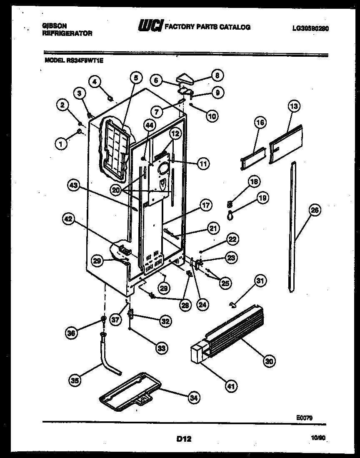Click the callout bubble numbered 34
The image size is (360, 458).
pos(193,398)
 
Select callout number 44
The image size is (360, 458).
pos(149,124)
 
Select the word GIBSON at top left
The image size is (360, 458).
pos(54,25)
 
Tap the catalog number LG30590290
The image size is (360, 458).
pos(310,28)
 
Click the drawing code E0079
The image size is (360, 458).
pos(305,417)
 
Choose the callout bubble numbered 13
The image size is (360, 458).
pos(294,107)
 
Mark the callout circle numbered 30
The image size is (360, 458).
pos(269,361)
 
